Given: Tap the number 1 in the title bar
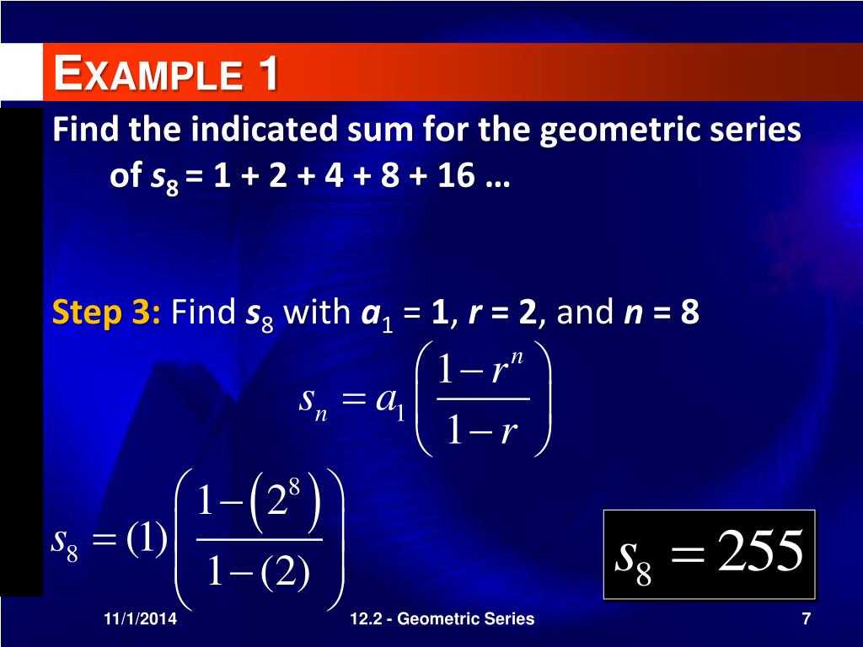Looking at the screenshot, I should [268, 73].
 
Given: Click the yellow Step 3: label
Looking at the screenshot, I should [107, 313].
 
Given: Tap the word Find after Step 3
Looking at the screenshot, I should [203, 313].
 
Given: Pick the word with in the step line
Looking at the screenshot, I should [316, 313].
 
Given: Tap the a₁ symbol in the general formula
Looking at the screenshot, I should [391, 401].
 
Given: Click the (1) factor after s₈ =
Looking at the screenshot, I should [147, 540].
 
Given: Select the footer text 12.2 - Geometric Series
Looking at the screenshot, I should [442, 619].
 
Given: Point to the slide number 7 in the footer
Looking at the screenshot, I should [807, 619].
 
